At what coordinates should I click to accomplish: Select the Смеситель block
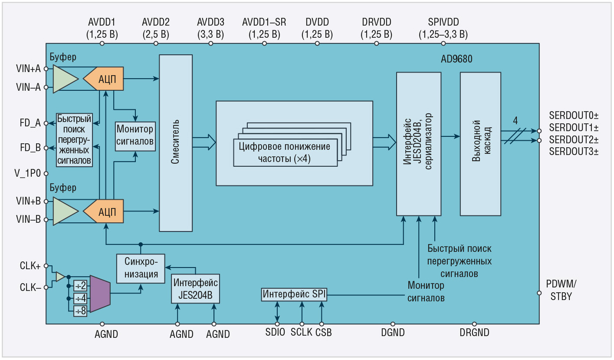[176, 143]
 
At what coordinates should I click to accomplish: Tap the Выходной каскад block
[480, 144]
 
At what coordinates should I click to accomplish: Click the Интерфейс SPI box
[294, 294]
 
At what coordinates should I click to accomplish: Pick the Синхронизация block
[141, 269]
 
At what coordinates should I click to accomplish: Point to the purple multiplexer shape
[100, 293]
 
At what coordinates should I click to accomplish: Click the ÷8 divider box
[80, 311]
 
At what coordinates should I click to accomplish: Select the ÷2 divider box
[80, 286]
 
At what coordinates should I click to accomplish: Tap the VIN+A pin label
[28, 68]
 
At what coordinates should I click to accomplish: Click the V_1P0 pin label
[28, 172]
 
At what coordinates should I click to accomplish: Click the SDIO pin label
[276, 333]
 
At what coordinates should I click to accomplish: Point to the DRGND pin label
[474, 333]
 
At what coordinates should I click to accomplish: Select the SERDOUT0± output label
[574, 116]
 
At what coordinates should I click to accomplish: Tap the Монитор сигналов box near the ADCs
[135, 135]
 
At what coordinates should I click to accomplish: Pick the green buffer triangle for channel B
[66, 211]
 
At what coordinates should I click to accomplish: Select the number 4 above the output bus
[515, 121]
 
